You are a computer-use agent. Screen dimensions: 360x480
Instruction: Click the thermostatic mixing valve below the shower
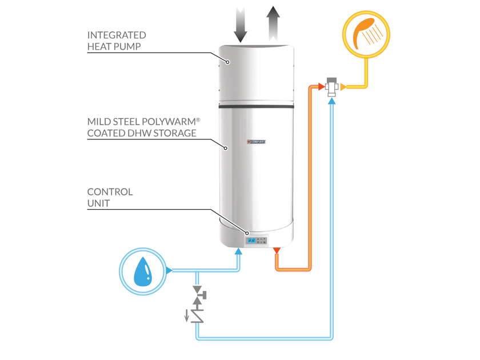(331, 87)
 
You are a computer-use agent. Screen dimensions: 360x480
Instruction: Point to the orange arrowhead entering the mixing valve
(321, 87)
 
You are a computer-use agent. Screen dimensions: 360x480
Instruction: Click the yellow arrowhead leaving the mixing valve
(343, 87)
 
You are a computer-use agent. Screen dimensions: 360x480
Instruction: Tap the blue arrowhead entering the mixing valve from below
(331, 99)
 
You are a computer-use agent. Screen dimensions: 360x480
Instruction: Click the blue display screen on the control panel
(251, 241)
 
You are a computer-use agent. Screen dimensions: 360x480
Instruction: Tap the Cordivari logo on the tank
(257, 142)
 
